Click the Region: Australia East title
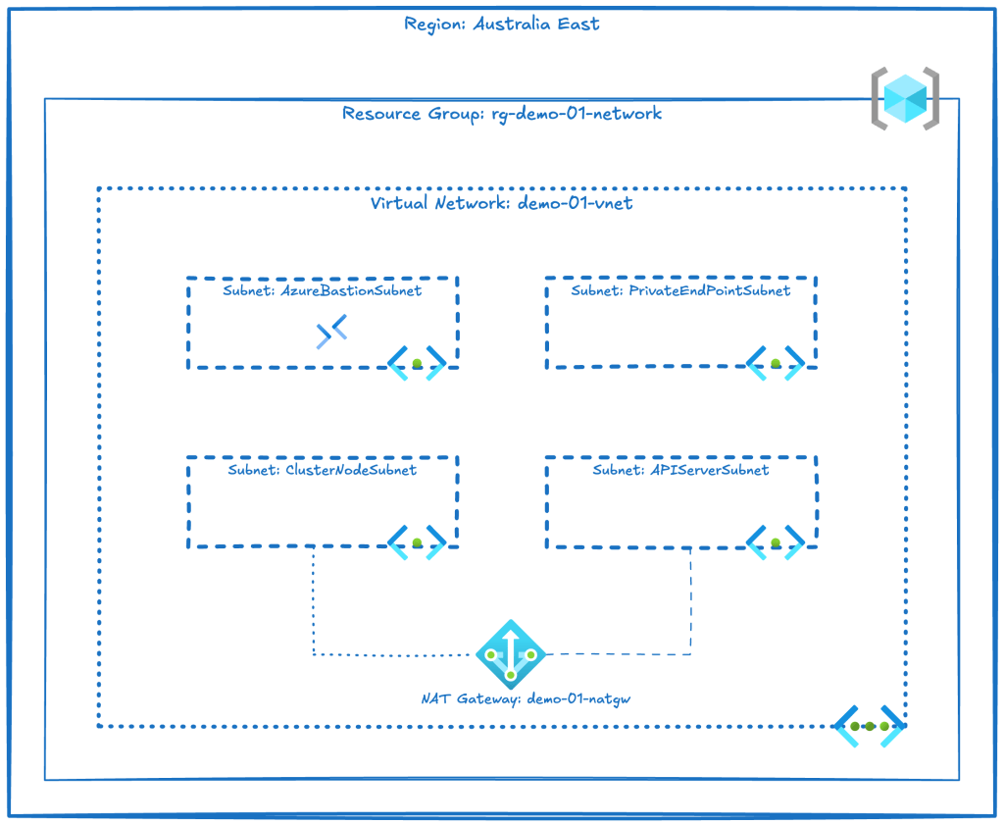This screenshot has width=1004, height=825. click(x=502, y=24)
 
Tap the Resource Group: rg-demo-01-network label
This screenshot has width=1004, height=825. click(x=502, y=114)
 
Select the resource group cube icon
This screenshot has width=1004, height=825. click(x=905, y=97)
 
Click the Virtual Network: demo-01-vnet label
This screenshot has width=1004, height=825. click(x=502, y=204)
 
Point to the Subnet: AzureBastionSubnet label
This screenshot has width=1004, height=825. click(x=324, y=291)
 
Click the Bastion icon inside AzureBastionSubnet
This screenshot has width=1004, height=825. click(x=331, y=333)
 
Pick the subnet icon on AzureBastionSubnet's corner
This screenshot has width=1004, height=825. click(x=417, y=363)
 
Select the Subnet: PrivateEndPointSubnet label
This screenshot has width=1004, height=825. click(x=680, y=291)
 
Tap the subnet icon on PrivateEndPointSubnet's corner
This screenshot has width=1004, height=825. click(x=776, y=363)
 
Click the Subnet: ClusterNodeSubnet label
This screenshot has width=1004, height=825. click(x=323, y=471)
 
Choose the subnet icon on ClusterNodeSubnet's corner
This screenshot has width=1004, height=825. click(x=417, y=542)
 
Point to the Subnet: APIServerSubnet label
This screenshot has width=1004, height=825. click(x=680, y=471)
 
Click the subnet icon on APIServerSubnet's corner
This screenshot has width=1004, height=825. click(x=776, y=542)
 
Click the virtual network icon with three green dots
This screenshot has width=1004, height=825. click(x=869, y=727)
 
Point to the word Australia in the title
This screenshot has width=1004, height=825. click(x=509, y=24)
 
